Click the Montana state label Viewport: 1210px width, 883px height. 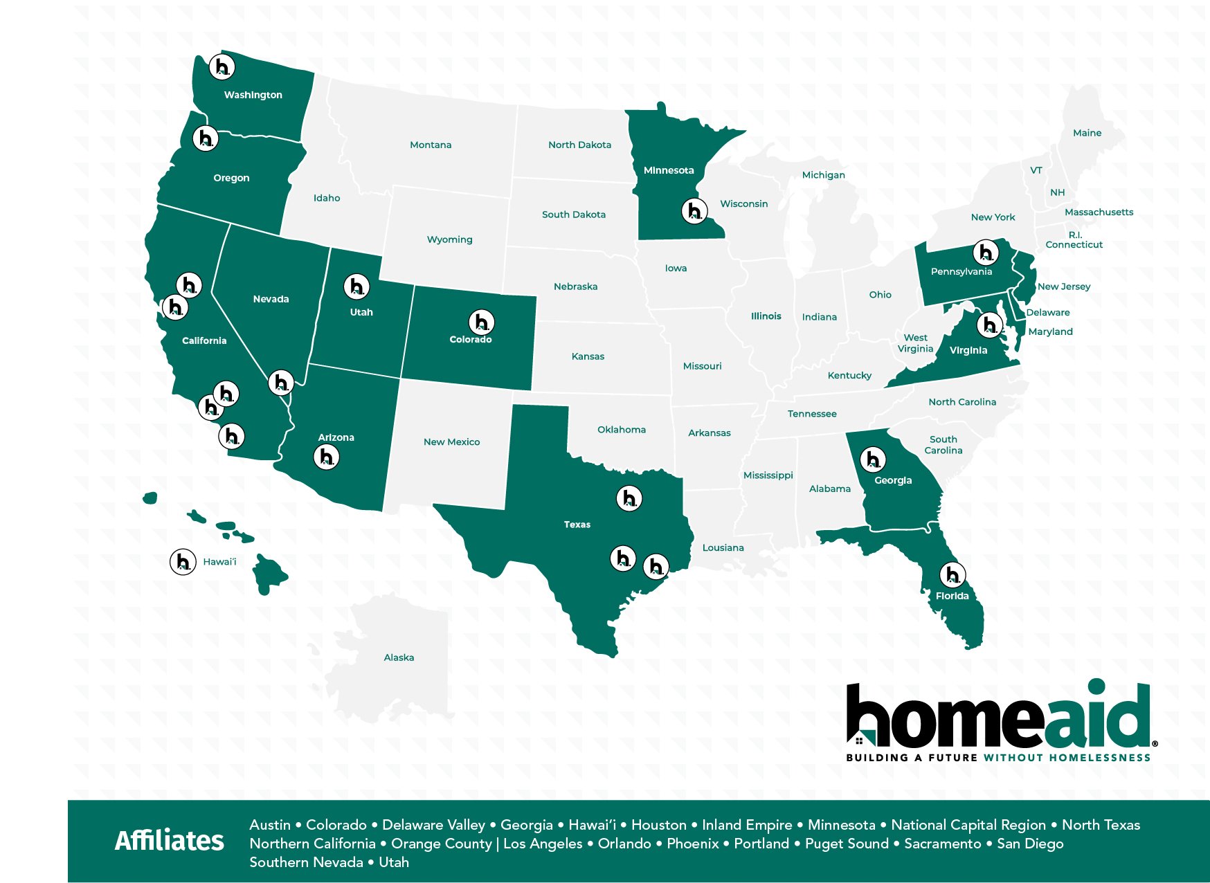[431, 145]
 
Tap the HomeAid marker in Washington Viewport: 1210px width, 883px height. [222, 66]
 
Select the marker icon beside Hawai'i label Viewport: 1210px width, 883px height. [183, 561]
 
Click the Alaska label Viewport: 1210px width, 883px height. [399, 657]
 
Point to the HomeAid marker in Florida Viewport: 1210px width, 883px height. [952, 574]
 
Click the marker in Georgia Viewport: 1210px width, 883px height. [872, 459]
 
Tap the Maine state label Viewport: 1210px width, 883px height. [1087, 133]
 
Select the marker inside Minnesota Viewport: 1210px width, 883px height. [694, 210]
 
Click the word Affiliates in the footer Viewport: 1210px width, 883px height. [170, 841]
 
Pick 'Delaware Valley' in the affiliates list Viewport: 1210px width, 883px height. [433, 825]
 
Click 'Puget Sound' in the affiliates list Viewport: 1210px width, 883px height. [847, 844]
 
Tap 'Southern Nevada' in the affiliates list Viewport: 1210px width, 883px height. [306, 862]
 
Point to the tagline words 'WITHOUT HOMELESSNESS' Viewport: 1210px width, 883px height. [1067, 758]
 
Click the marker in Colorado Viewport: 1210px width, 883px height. [481, 322]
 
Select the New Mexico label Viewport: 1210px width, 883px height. [451, 441]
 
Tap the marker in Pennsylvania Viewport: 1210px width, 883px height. [986, 252]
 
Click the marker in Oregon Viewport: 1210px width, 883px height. [206, 138]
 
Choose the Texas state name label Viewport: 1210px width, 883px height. [577, 525]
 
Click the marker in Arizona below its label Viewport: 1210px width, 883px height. [326, 456]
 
